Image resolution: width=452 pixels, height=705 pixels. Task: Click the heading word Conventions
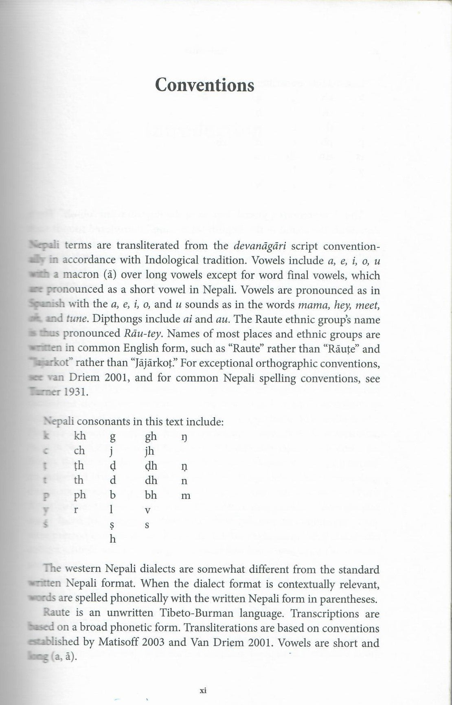(x=205, y=85)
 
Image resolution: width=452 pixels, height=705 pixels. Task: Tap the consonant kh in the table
(x=80, y=436)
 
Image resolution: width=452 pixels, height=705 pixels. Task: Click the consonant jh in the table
(x=150, y=451)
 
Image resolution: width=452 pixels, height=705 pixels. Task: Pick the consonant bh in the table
(x=151, y=495)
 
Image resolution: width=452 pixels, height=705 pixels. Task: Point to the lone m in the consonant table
(x=185, y=496)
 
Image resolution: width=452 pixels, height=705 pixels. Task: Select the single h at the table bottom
(x=113, y=539)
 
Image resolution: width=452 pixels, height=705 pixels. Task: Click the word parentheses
(x=349, y=599)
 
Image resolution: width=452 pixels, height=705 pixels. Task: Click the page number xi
(x=204, y=690)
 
